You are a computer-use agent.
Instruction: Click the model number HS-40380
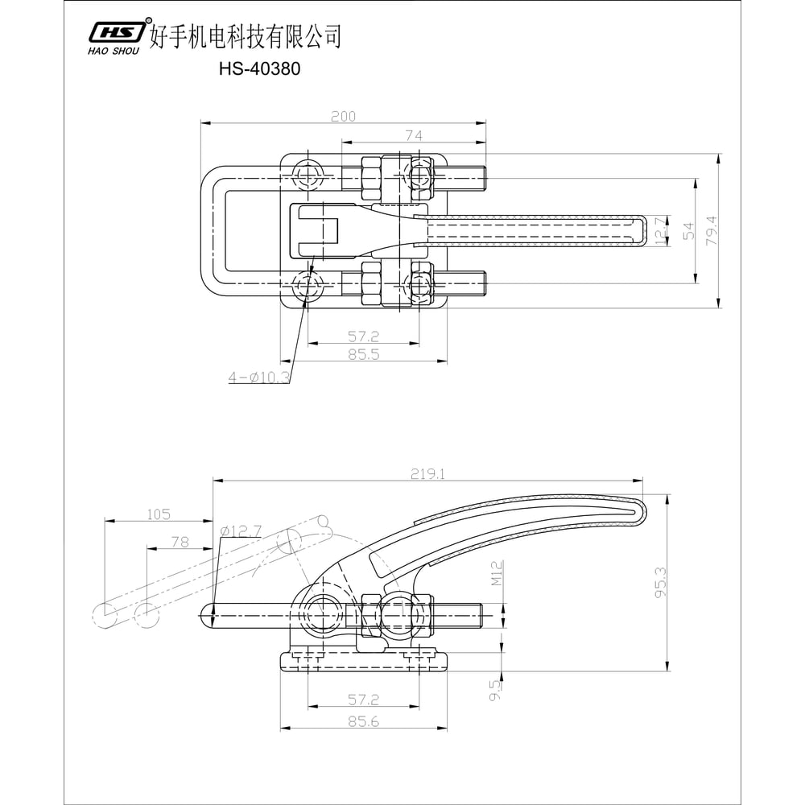259,69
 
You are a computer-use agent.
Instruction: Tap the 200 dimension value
343,117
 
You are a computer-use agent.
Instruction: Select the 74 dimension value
414,136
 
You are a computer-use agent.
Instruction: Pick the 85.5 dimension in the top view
364,353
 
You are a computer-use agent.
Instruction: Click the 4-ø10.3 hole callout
258,377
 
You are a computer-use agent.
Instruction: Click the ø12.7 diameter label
241,530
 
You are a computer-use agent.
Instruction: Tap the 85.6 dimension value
364,722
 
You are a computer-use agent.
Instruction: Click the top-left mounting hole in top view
309,175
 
